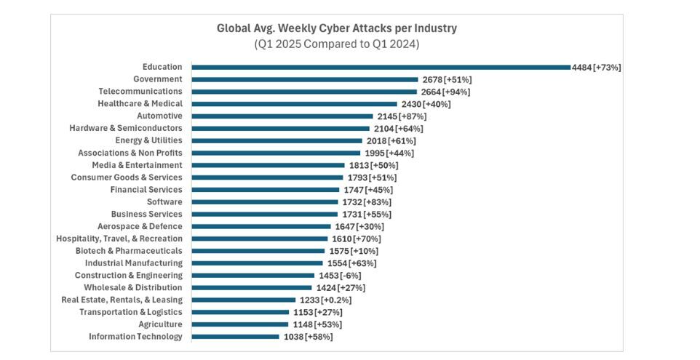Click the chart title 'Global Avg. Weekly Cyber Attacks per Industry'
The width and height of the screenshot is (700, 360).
pos(337,29)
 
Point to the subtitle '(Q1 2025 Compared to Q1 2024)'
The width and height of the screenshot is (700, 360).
pos(337,44)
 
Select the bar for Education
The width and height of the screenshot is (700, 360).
pos(381,67)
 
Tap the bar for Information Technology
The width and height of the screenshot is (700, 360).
pos(236,337)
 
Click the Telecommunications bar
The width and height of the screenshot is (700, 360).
pos(305,92)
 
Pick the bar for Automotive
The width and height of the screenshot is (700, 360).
pos(282,116)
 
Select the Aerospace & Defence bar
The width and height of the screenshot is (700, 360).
pos(261,226)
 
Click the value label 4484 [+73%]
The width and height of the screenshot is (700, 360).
pos(597,67)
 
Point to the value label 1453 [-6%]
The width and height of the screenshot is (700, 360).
pos(340,276)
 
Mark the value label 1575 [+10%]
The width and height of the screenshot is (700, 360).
pos(353,251)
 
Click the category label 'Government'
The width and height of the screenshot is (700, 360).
pos(158,79)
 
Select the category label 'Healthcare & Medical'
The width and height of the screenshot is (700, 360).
pos(140,104)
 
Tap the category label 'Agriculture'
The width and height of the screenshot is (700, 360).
pos(160,324)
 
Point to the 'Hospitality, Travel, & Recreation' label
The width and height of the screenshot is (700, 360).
pos(119,239)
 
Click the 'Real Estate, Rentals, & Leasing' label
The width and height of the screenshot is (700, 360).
pos(122,300)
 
